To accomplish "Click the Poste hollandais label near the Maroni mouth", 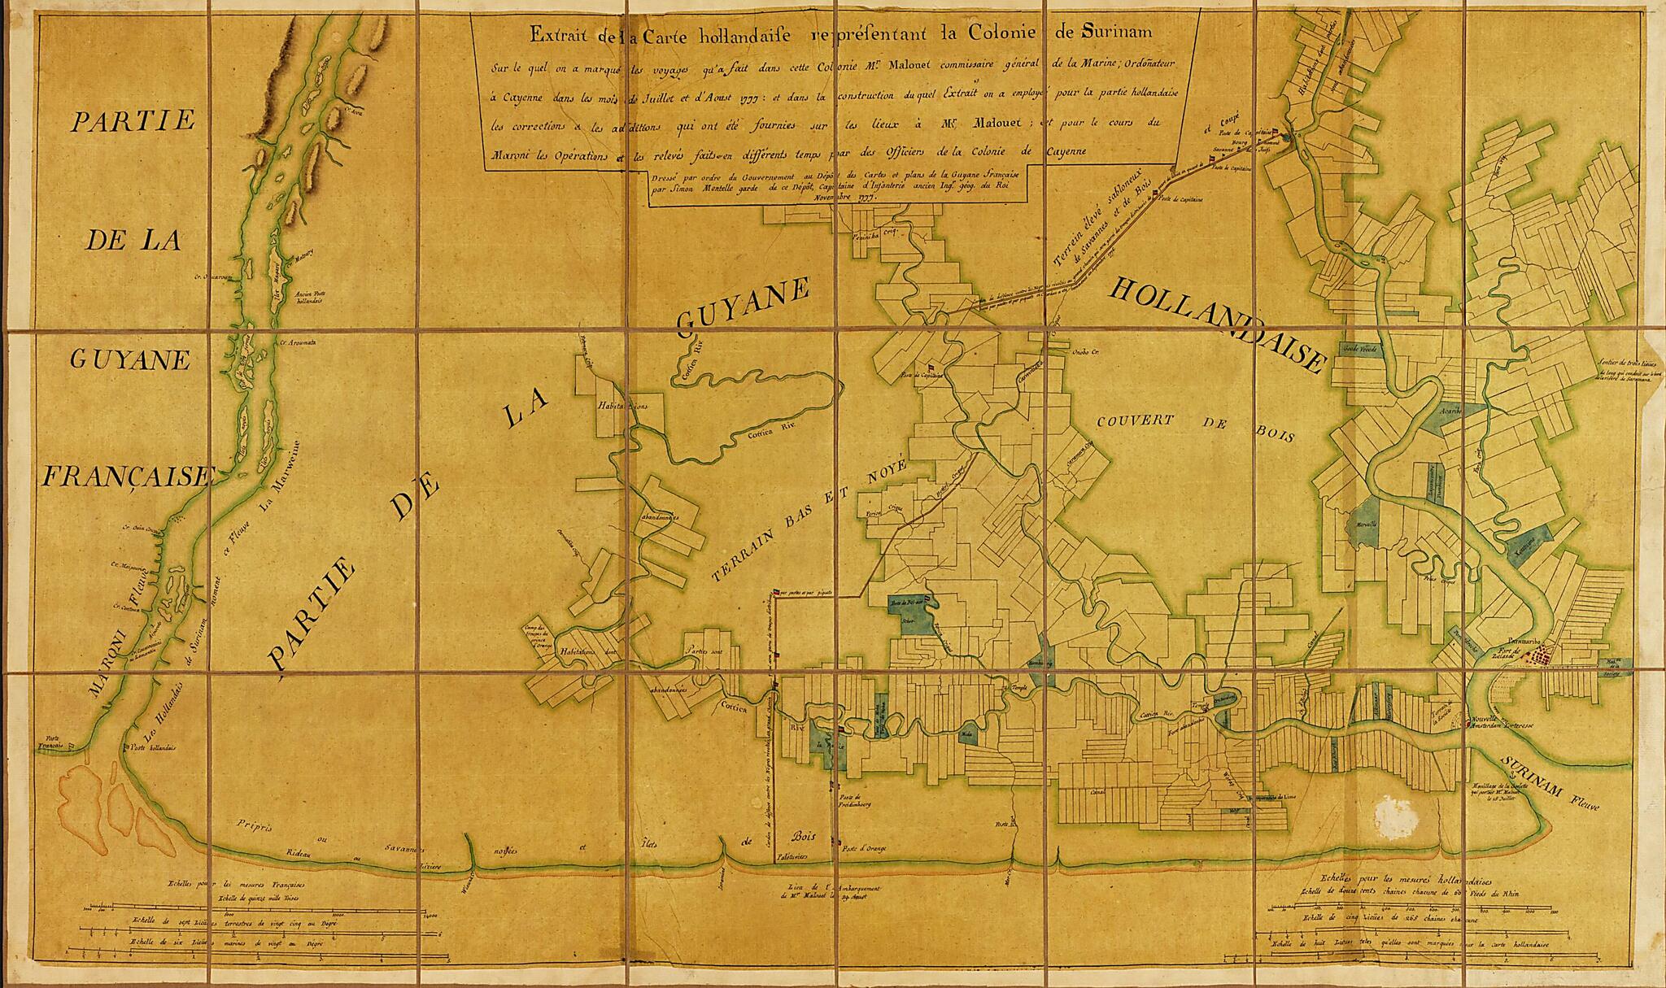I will [x=151, y=746].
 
